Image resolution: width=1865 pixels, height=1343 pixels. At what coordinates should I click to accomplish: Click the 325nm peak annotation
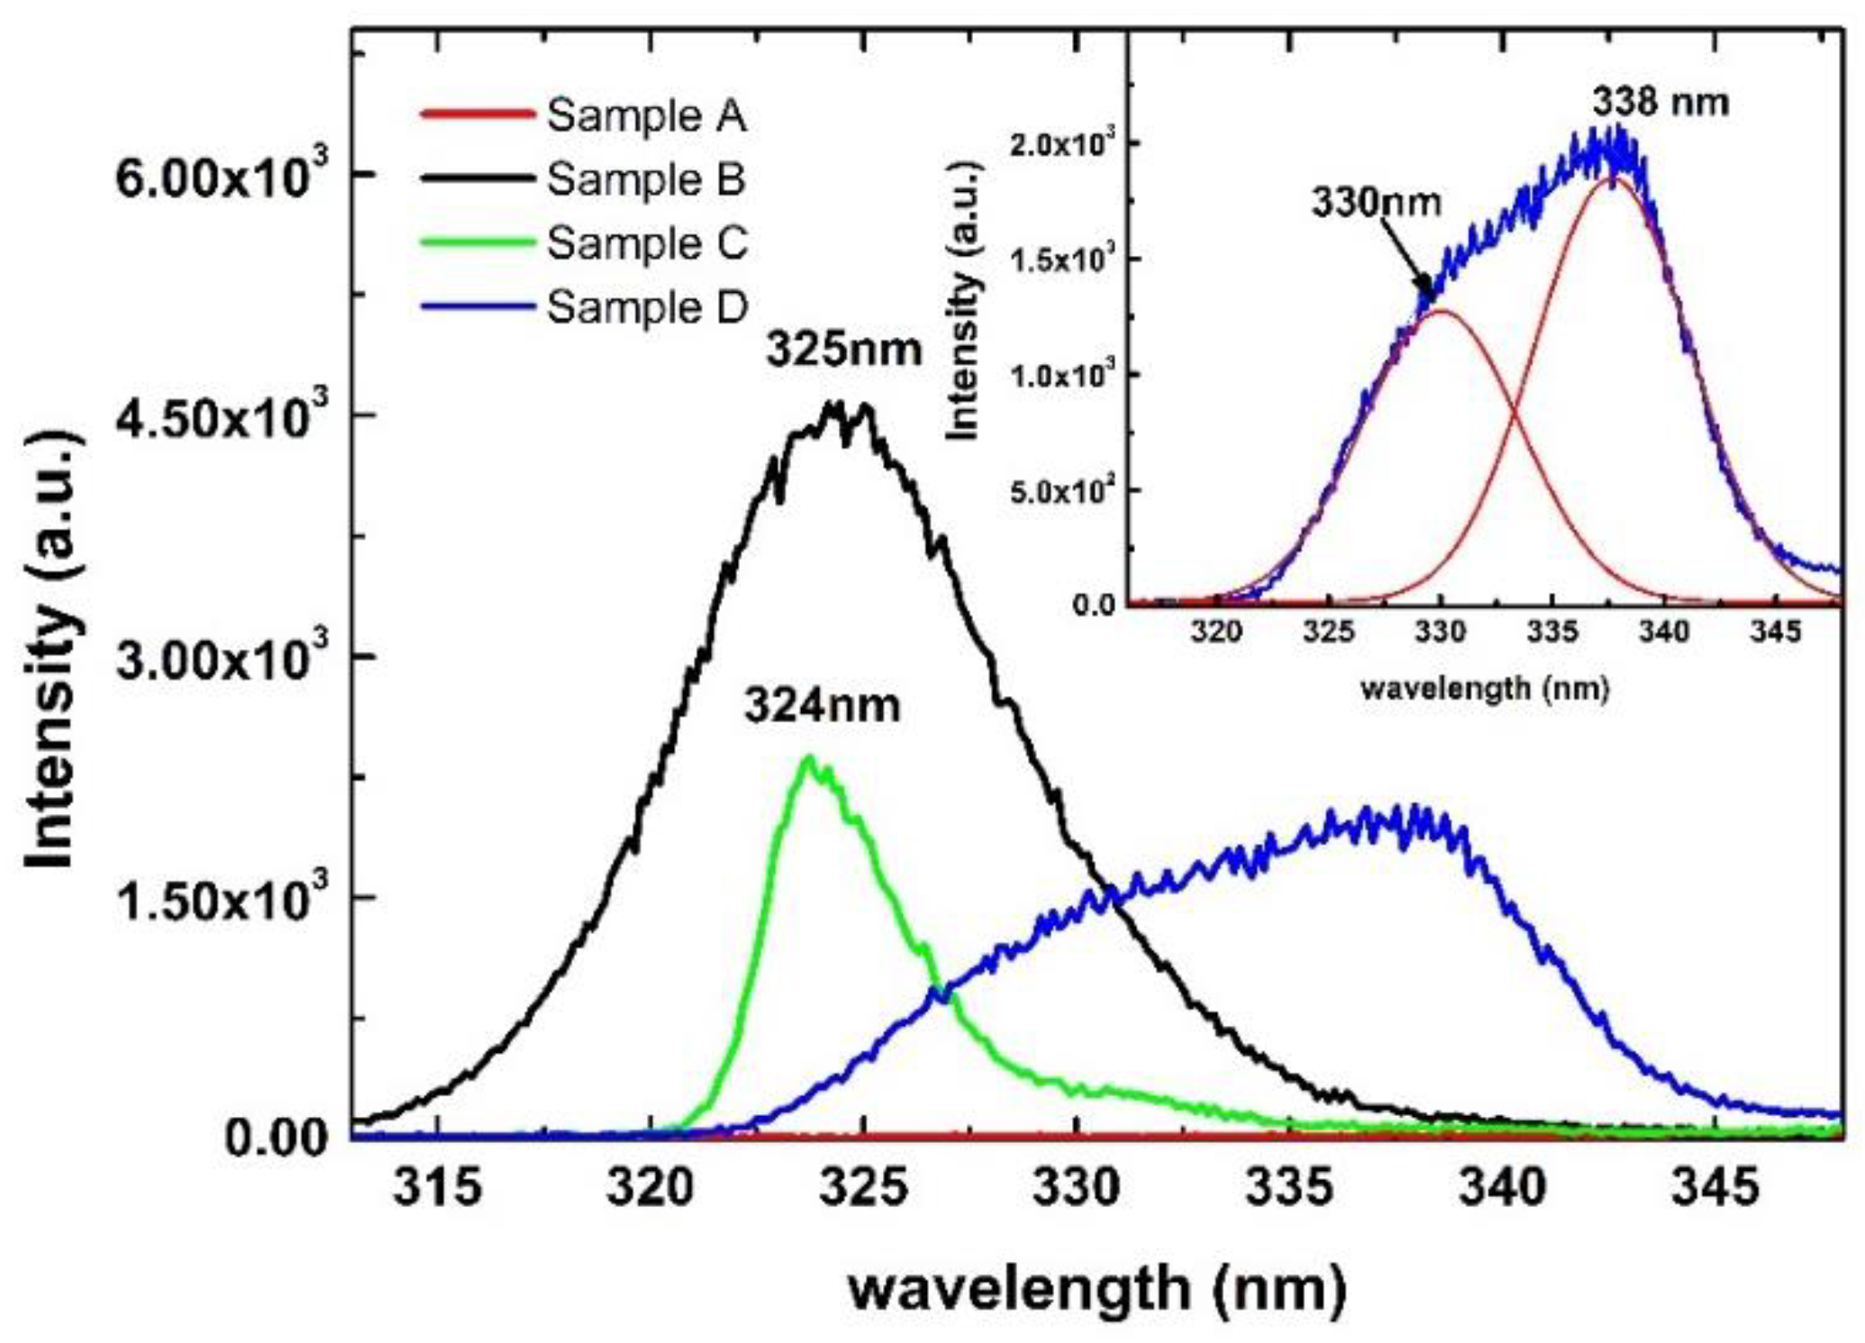[844, 350]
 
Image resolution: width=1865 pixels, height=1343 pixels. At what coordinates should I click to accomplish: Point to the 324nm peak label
[822, 705]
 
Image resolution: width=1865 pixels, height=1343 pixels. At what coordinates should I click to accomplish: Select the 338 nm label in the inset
[1660, 102]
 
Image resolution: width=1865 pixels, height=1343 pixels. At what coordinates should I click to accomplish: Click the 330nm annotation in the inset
[1376, 202]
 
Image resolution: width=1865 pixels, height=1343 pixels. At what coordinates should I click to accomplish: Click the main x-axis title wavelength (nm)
[1096, 1289]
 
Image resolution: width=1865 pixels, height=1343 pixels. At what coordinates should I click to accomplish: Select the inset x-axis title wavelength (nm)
[1484, 689]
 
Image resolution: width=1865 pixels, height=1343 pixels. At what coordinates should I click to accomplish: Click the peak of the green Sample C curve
[808, 758]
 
